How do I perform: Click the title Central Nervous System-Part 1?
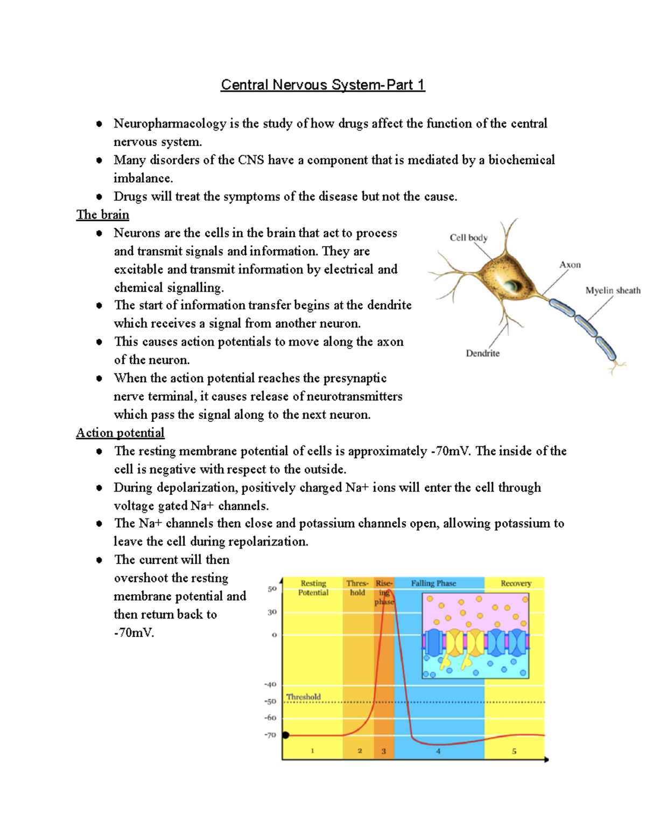(322, 85)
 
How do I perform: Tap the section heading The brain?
(102, 215)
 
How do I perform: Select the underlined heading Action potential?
(120, 433)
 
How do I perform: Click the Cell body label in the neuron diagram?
(468, 237)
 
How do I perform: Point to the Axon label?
(570, 265)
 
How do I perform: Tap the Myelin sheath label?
(613, 291)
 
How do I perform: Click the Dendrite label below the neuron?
(482, 353)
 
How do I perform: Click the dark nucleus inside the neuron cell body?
(509, 284)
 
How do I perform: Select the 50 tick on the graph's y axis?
(272, 589)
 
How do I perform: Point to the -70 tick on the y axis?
(270, 735)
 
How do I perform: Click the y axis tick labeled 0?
(274, 635)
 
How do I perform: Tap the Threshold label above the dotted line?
(303, 697)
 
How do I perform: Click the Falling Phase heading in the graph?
(433, 583)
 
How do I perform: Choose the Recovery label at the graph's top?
(516, 583)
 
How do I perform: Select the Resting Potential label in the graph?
(313, 588)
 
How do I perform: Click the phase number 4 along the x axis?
(438, 751)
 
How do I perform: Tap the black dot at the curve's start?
(285, 735)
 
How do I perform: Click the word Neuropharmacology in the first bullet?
(170, 124)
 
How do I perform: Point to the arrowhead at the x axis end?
(546, 760)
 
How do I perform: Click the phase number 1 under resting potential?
(312, 751)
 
